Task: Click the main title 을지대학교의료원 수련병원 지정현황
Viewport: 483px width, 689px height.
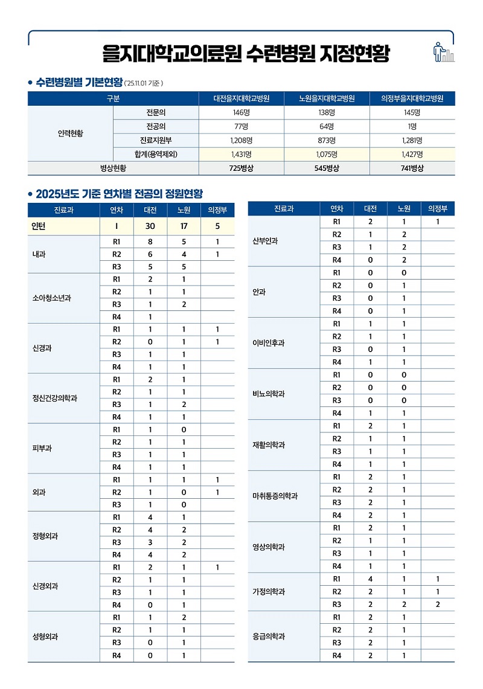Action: point(246,54)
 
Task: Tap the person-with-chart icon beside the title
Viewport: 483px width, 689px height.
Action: point(444,53)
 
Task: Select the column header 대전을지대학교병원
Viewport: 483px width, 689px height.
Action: point(241,99)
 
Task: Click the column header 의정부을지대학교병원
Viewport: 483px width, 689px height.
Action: point(412,99)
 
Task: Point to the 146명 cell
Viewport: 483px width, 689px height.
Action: point(241,113)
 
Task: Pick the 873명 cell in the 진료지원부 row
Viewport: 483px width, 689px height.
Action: point(327,140)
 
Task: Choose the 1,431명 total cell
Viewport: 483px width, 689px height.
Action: point(241,154)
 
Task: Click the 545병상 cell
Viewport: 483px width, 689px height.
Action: point(327,168)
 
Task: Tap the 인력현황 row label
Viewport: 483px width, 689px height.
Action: point(71,133)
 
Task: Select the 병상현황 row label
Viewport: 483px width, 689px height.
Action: point(113,168)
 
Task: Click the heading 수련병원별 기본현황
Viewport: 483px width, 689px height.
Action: point(79,82)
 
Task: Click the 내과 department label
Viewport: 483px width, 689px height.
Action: point(40,254)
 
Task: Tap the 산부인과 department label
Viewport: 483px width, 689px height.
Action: point(264,241)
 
